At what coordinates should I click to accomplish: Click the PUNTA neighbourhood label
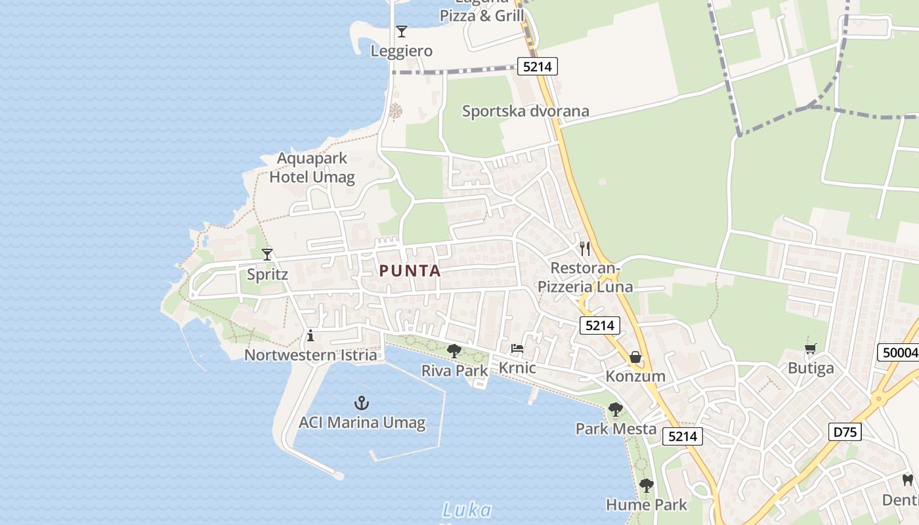pos(410,270)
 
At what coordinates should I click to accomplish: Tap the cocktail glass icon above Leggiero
pos(401,31)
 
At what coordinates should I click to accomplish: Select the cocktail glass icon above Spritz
pos(267,255)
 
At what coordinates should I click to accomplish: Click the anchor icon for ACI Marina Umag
pos(361,403)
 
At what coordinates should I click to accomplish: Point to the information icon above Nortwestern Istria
pos(310,337)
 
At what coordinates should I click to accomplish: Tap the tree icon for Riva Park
pos(454,351)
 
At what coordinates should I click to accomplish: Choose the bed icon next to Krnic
pos(517,348)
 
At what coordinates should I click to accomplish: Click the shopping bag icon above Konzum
pos(635,357)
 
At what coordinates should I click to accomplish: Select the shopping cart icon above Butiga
pos(811,348)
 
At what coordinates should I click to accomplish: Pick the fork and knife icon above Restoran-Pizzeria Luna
pos(585,249)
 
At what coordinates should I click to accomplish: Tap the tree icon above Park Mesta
pos(615,410)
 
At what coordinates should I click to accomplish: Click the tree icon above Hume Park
pos(647,486)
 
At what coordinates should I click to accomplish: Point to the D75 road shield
pos(845,432)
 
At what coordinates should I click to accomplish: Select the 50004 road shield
pos(899,352)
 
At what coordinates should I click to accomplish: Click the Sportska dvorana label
pos(525,111)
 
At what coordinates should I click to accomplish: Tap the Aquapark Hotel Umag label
pos(312,167)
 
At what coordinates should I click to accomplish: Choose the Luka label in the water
pos(467,510)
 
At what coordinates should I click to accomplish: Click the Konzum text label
pos(635,376)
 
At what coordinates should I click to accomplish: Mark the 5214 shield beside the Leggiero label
pos(537,66)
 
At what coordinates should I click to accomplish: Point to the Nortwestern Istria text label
pos(310,355)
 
